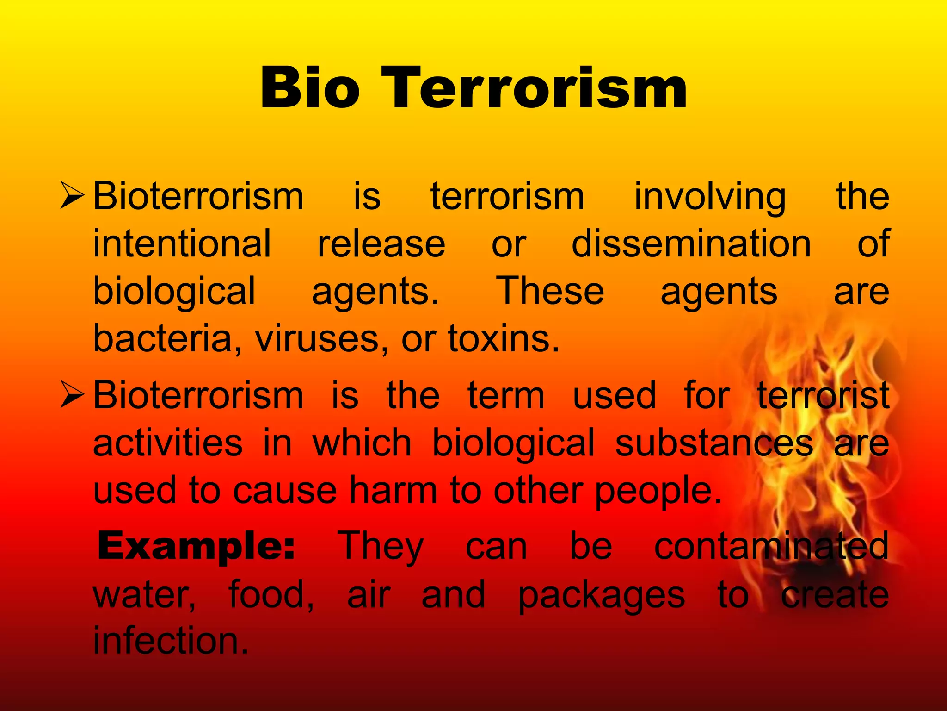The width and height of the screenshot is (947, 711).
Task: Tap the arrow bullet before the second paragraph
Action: pyautogui.click(x=72, y=395)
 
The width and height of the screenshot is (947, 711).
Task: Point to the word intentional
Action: pyautogui.click(x=182, y=243)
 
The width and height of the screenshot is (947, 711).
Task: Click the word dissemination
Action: pyautogui.click(x=691, y=243)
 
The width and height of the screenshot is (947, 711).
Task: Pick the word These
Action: pyautogui.click(x=550, y=291)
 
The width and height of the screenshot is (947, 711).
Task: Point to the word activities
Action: pyautogui.click(x=168, y=443)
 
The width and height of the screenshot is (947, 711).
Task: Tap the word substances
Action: pyautogui.click(x=714, y=443)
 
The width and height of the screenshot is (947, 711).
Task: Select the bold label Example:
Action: pyautogui.click(x=196, y=546)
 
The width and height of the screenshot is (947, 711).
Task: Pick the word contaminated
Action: pyautogui.click(x=771, y=546)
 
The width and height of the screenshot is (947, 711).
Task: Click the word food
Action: pyautogui.click(x=271, y=594)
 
